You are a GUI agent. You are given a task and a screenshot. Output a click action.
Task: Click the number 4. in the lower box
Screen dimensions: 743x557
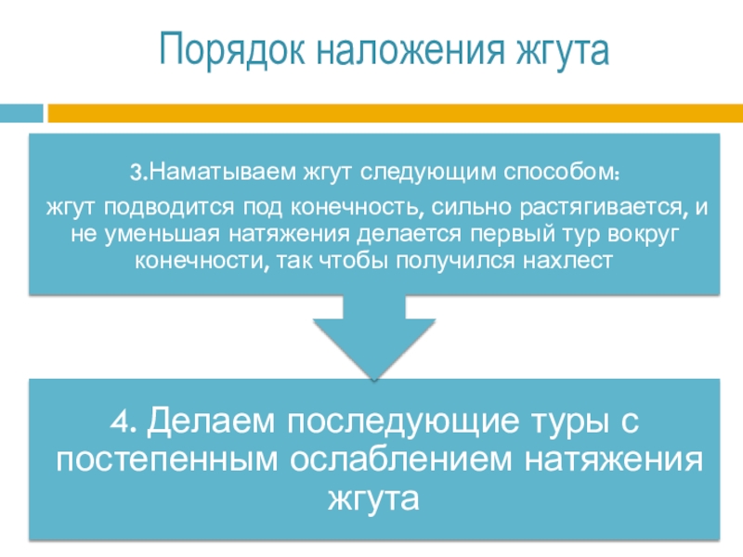[x=122, y=423]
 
